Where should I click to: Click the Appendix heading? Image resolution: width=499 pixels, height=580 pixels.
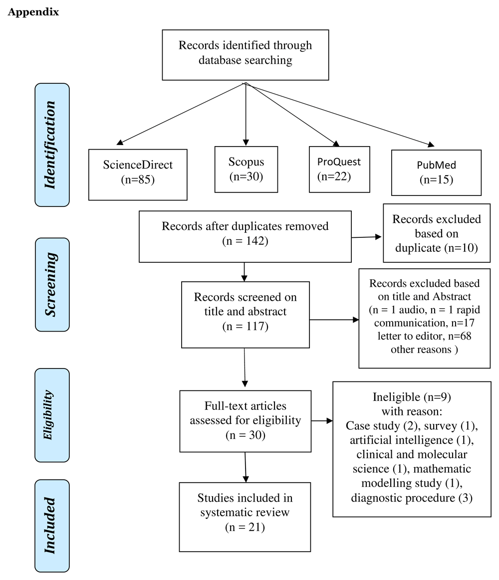point(33,12)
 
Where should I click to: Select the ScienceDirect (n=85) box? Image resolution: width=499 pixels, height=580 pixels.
point(138,173)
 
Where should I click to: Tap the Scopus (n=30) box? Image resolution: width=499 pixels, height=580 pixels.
point(246,169)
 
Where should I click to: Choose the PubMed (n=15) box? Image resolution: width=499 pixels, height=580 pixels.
point(436,173)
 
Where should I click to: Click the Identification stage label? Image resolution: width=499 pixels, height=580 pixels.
point(52,145)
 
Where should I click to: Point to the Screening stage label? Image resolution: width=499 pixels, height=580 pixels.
point(52,284)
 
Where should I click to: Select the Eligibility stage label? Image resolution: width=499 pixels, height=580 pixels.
point(52,415)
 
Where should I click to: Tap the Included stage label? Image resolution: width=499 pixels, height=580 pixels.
point(52,525)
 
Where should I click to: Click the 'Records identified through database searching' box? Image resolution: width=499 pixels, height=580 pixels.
point(246,54)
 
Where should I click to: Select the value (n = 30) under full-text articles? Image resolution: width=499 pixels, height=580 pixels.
point(245,434)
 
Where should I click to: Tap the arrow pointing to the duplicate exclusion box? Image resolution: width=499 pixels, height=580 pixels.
point(367,237)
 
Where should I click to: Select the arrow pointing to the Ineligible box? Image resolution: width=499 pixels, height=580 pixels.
point(322,421)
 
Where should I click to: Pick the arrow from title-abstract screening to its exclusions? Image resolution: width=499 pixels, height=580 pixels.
point(334,320)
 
